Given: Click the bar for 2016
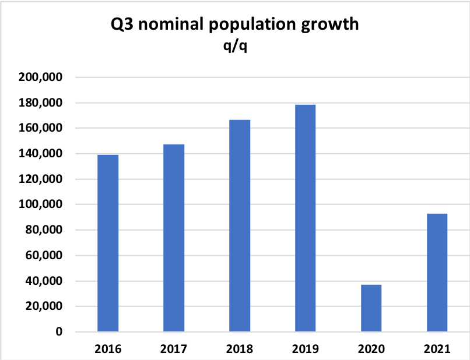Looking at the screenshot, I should pyautogui.click(x=108, y=243).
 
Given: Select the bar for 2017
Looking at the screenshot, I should pyautogui.click(x=174, y=238).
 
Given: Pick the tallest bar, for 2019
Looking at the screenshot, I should pyautogui.click(x=306, y=218).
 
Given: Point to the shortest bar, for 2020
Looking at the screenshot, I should pyautogui.click(x=371, y=308).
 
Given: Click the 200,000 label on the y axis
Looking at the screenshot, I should pyautogui.click(x=43, y=77).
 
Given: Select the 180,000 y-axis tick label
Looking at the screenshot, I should pyautogui.click(x=43, y=103).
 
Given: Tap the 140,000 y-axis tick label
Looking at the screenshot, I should pyautogui.click(x=43, y=154).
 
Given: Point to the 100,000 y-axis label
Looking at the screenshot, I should pyautogui.click(x=43, y=204).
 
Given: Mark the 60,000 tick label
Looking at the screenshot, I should pyautogui.click(x=45, y=256).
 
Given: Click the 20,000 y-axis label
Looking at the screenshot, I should pyautogui.click(x=45, y=306).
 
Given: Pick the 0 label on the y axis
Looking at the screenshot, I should pyautogui.click(x=59, y=332).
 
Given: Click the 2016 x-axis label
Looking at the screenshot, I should pyautogui.click(x=108, y=349).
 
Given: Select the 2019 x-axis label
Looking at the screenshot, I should pyautogui.click(x=306, y=349).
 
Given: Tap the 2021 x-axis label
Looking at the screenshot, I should pyautogui.click(x=437, y=349).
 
